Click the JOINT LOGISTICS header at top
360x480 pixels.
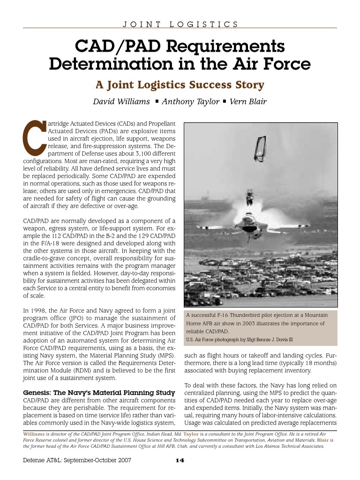tap(180, 24)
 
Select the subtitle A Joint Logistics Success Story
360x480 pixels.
tap(180, 85)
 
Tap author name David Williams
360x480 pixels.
tap(122, 102)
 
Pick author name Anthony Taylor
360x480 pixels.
tap(190, 102)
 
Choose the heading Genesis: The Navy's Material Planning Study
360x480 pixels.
tap(99, 392)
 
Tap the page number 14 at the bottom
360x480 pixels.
tap(180, 460)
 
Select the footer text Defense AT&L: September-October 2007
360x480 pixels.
tap(77, 460)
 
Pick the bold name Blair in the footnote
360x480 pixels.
tap(323, 440)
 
